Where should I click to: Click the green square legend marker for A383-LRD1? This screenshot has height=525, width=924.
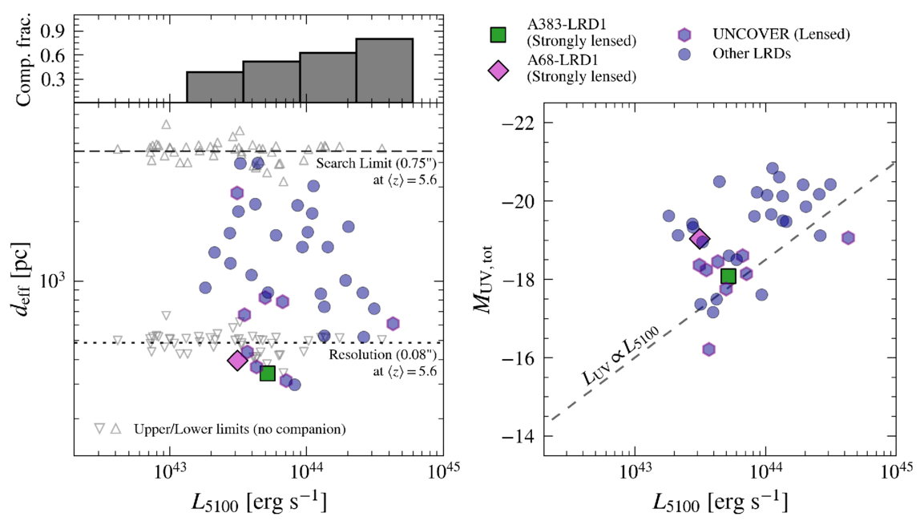click(498, 34)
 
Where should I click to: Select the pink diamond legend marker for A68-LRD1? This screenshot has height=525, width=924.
click(498, 70)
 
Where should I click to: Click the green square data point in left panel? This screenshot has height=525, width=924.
click(268, 373)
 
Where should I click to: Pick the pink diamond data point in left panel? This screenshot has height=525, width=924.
click(237, 361)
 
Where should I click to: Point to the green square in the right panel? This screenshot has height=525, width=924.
click(728, 277)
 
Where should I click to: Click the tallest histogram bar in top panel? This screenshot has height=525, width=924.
click(384, 71)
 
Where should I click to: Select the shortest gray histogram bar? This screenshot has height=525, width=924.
click(215, 87)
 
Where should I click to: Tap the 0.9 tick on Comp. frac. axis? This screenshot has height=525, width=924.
click(61, 30)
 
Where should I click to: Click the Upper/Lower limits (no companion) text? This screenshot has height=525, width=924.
click(240, 429)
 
